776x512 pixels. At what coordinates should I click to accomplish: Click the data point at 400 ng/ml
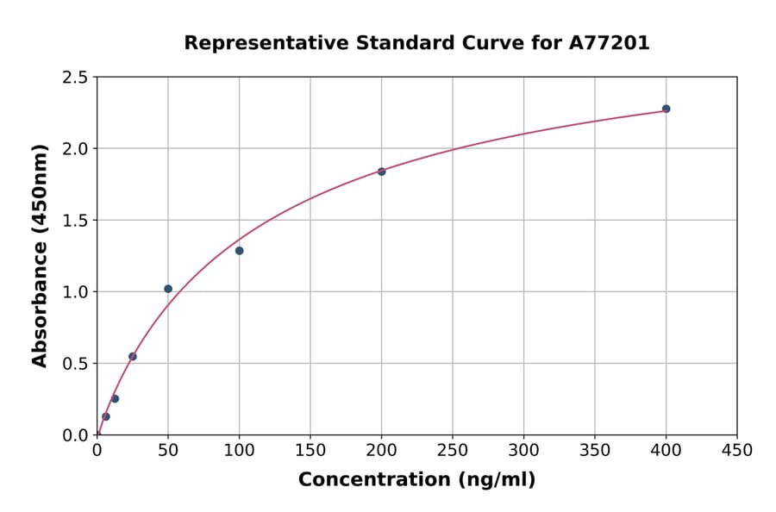(x=666, y=109)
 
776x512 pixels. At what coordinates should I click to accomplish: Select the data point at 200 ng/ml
(x=381, y=172)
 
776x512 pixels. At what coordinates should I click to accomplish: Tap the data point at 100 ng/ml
(x=239, y=251)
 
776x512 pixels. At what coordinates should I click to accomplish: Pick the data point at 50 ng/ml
(x=168, y=289)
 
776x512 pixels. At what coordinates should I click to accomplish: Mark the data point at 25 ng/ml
(x=133, y=356)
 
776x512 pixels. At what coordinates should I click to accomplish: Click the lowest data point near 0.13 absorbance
(x=106, y=416)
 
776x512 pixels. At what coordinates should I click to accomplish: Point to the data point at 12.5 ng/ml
(x=115, y=398)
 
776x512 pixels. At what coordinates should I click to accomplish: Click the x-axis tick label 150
(x=310, y=451)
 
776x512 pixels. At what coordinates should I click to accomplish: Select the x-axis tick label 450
(x=737, y=451)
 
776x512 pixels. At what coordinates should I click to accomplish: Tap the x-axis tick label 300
(x=523, y=451)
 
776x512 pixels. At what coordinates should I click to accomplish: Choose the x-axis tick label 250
(x=453, y=451)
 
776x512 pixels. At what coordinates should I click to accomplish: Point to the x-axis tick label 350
(x=595, y=451)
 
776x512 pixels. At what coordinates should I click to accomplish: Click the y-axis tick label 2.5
(x=75, y=78)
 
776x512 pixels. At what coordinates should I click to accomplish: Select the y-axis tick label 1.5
(x=75, y=221)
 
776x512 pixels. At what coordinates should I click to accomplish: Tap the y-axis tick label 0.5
(x=75, y=364)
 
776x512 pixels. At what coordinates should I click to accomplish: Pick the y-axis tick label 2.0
(x=75, y=149)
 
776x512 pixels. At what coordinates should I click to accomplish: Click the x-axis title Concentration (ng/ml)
(x=416, y=480)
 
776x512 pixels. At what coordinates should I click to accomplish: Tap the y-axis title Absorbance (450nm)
(x=40, y=256)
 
